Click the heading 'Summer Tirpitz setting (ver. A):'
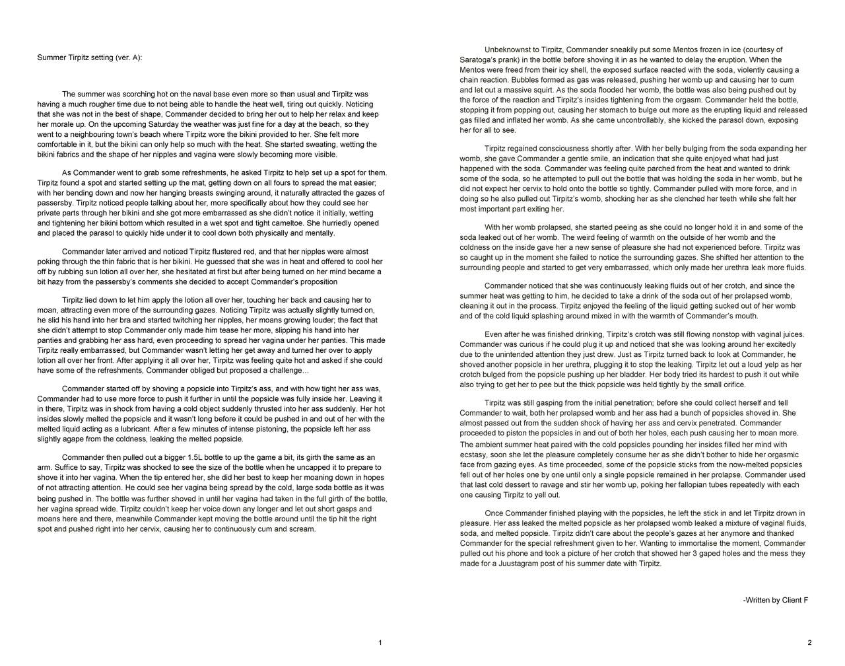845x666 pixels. pos(89,58)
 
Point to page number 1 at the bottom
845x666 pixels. pos(380,643)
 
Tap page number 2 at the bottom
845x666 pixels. pos(809,643)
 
